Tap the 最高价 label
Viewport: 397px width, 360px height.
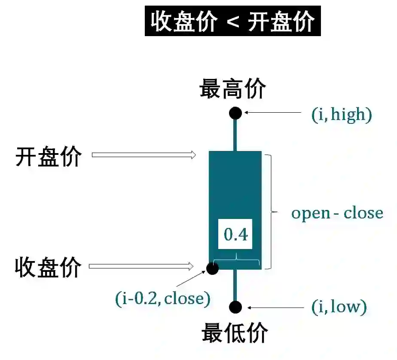[232, 89]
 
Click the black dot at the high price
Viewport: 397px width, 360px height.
[235, 113]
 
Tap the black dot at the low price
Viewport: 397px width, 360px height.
[235, 307]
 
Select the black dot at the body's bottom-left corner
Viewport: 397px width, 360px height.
[212, 268]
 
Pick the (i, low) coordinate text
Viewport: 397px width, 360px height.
[339, 307]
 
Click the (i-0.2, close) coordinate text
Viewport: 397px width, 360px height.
[163, 298]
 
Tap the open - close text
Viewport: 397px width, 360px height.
[337, 213]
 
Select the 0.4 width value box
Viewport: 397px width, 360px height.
[236, 234]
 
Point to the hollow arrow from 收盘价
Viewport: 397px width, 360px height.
[141, 267]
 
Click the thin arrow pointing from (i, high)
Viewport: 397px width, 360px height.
[273, 113]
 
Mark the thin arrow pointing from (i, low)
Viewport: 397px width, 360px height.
[275, 307]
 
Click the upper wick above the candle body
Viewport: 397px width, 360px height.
[235, 134]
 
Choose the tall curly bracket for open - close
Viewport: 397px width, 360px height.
[271, 211]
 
